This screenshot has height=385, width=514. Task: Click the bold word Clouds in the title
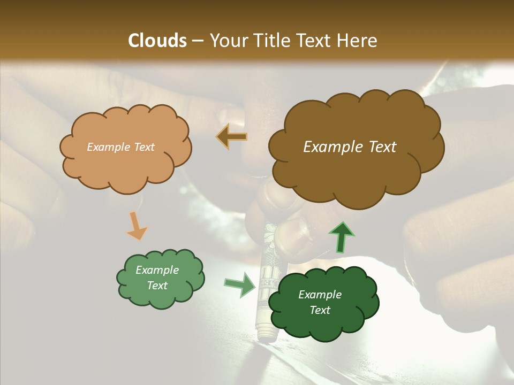point(157,41)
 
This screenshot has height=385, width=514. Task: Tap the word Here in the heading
point(357,41)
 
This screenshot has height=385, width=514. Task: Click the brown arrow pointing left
point(232,137)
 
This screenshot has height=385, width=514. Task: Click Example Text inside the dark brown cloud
point(350,147)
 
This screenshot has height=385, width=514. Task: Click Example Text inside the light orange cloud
point(120,147)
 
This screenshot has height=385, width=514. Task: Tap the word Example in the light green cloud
point(157,270)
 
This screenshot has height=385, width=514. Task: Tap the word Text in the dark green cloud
point(320,310)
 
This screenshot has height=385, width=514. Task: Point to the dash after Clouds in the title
point(197,41)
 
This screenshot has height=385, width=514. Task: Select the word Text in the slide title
point(312,41)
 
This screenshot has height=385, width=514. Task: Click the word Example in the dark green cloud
point(320,295)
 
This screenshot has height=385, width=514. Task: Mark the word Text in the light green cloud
point(157,286)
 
